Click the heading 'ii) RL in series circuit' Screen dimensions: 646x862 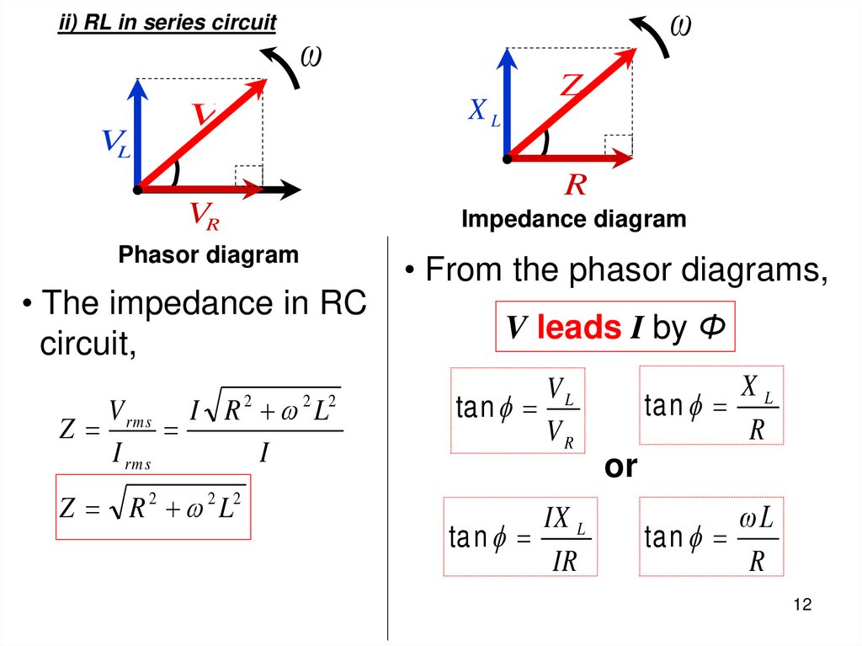pyautogui.click(x=167, y=23)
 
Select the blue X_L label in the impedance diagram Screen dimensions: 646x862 pyautogui.click(x=484, y=111)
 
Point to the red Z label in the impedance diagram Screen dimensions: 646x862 pyautogui.click(x=572, y=85)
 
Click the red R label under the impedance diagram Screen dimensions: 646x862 pyautogui.click(x=576, y=185)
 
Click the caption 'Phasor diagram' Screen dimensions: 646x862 pyautogui.click(x=209, y=254)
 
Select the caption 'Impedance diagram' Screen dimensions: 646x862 pyautogui.click(x=574, y=220)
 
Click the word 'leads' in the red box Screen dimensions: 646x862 pyautogui.click(x=578, y=328)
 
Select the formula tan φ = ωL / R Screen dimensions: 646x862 pyautogui.click(x=711, y=537)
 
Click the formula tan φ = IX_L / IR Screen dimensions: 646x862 pyautogui.click(x=520, y=537)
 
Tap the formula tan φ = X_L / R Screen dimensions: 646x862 pyautogui.click(x=711, y=405)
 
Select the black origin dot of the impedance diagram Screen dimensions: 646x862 pyautogui.click(x=508, y=157)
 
